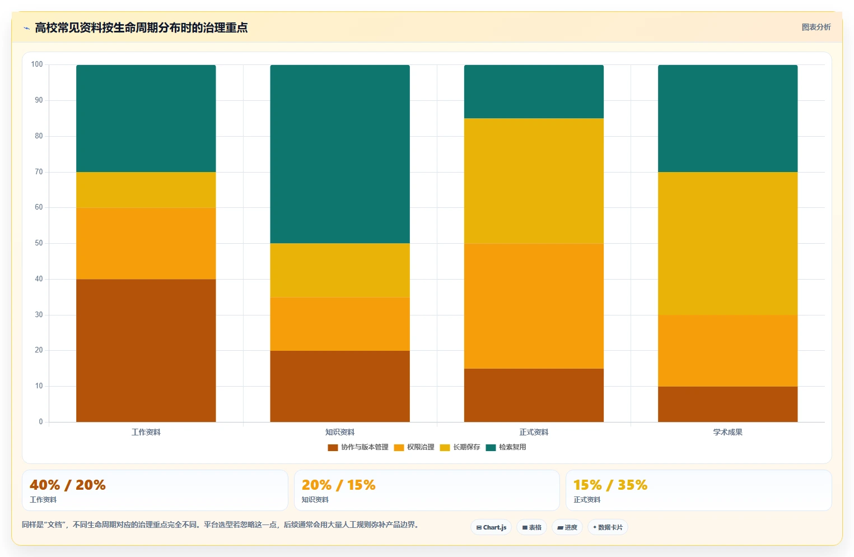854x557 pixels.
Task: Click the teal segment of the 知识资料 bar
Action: tap(340, 154)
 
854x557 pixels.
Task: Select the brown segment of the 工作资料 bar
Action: tap(146, 350)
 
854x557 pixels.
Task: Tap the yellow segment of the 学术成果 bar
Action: tap(727, 243)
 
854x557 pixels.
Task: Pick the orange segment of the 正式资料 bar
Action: tap(534, 306)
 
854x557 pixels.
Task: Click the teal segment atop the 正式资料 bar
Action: tap(534, 91)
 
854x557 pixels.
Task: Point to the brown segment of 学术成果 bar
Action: tap(727, 404)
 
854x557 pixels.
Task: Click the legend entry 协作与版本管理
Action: tap(358, 447)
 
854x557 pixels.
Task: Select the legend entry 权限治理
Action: tap(414, 447)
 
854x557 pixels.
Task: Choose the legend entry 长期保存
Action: tap(460, 447)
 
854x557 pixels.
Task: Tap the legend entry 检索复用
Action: tap(506, 447)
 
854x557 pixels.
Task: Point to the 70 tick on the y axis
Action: tap(39, 171)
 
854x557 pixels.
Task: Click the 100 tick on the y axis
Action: tap(37, 64)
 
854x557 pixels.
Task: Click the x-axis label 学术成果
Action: tap(727, 432)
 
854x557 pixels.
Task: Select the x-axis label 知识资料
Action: tap(340, 432)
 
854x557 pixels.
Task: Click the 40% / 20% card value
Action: tap(68, 485)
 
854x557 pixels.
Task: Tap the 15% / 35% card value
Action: tap(610, 485)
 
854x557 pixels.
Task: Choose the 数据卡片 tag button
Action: tap(608, 527)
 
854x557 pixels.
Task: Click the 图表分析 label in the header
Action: tap(816, 27)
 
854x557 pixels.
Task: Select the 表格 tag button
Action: tap(532, 527)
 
